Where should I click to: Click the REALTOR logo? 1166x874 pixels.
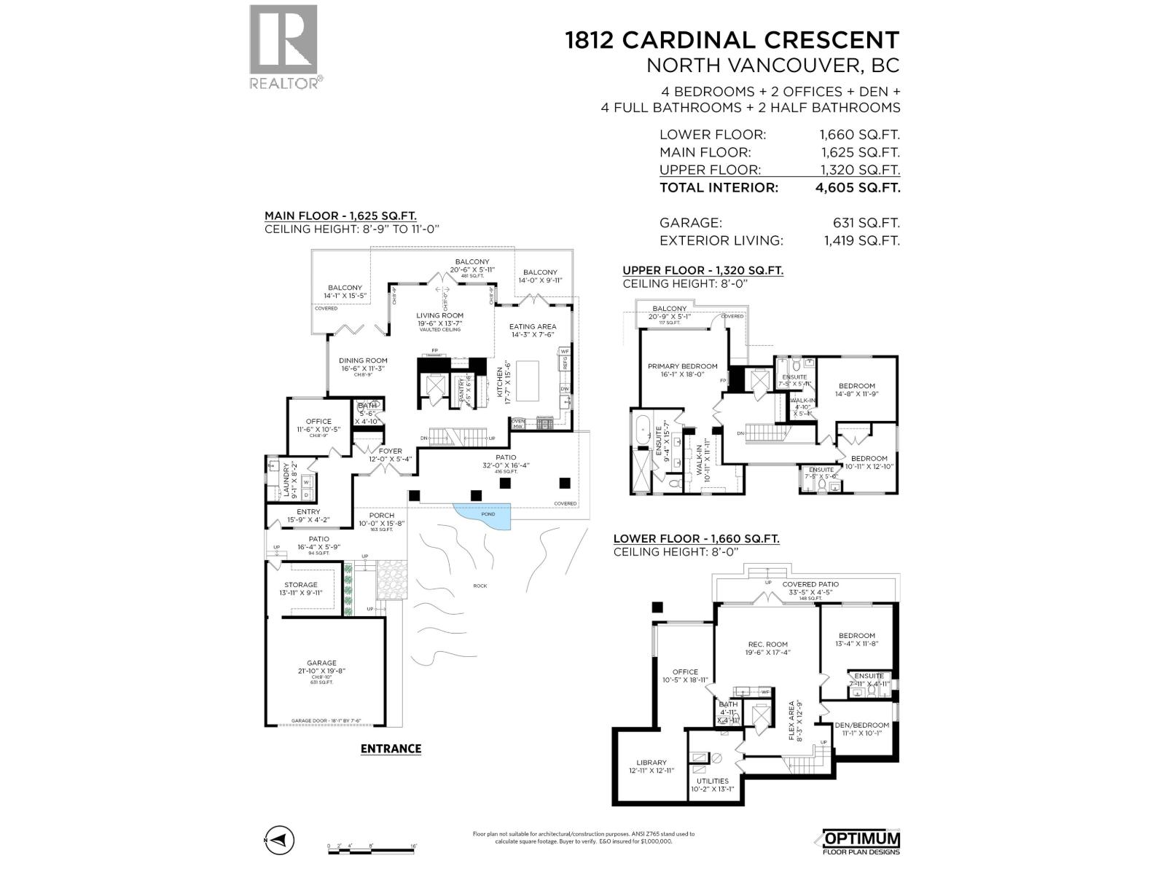coord(283,47)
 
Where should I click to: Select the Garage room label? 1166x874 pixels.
coord(321,664)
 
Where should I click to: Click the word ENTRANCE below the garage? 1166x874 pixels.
coord(391,748)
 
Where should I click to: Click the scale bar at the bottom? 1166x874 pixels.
coord(372,848)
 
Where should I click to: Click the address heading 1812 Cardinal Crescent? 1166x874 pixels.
coord(732,39)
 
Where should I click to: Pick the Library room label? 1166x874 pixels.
coord(651,763)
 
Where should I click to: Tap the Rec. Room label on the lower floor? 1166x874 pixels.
coord(767,645)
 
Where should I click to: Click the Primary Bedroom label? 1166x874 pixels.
coord(682,366)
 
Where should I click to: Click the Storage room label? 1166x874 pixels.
coord(301,585)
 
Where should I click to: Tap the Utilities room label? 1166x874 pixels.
coord(712,781)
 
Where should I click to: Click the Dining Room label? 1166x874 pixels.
coord(363,361)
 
